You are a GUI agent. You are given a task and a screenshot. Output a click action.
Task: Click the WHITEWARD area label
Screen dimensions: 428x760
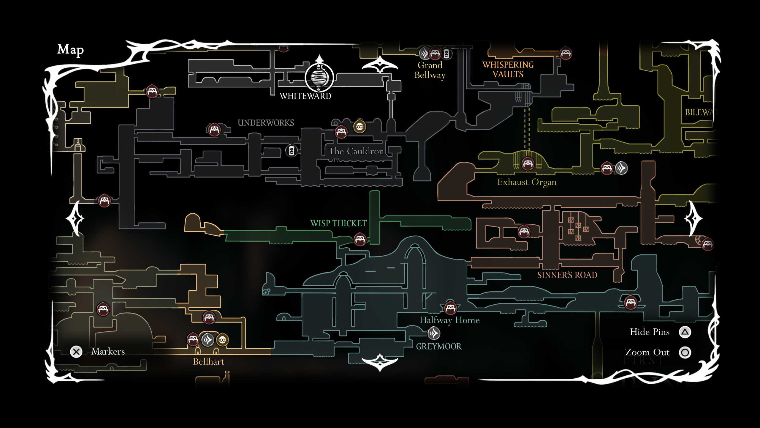305,96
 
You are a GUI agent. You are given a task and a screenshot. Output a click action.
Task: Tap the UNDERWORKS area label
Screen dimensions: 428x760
266,123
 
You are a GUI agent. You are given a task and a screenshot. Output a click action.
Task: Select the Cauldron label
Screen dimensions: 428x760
356,151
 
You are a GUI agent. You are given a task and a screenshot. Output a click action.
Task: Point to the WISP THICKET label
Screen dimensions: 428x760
338,223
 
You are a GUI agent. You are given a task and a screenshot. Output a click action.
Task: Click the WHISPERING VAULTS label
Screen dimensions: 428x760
508,70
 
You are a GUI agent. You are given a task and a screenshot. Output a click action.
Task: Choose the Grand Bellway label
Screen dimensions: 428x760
430,70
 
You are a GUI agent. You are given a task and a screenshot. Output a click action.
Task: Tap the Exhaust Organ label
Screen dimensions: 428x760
527,182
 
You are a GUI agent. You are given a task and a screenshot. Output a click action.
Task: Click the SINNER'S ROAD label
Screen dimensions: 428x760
567,275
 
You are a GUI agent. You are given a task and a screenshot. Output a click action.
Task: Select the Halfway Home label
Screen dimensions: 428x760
449,320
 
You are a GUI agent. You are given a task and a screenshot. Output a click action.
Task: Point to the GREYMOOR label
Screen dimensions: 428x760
439,347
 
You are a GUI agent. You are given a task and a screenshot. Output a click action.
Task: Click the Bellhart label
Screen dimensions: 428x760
208,362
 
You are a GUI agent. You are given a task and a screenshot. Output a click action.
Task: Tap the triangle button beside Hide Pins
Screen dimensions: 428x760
685,332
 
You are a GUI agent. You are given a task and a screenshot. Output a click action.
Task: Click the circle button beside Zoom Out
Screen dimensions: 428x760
685,353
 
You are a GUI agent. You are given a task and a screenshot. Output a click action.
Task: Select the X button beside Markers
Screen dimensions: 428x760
76,352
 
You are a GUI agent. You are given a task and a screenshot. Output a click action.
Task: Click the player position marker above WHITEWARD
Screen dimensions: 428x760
319,77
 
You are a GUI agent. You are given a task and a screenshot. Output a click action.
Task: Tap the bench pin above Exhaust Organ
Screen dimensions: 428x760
528,163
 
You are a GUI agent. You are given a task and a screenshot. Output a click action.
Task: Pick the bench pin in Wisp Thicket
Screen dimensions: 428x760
360,239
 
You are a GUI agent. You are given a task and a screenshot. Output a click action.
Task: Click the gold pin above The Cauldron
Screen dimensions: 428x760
360,127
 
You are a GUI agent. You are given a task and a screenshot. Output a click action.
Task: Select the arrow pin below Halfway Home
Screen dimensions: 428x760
434,333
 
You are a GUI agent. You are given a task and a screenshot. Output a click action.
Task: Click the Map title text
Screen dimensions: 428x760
70,50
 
